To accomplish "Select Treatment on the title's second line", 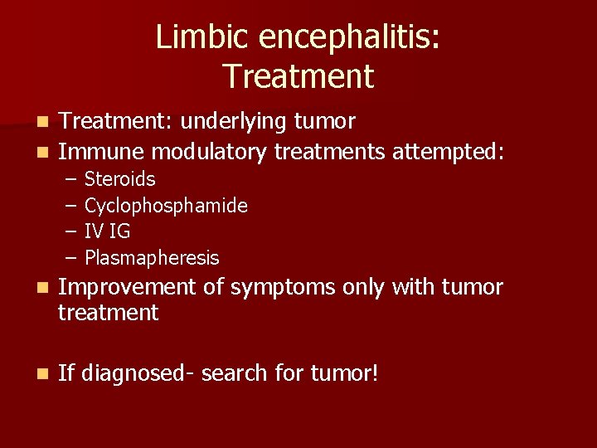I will (298, 76).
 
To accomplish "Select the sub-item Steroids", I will (119, 179).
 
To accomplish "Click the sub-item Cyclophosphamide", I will (166, 206).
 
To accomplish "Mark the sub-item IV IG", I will (107, 231).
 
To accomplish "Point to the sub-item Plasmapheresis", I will (152, 258).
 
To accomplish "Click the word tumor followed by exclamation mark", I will (339, 373).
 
